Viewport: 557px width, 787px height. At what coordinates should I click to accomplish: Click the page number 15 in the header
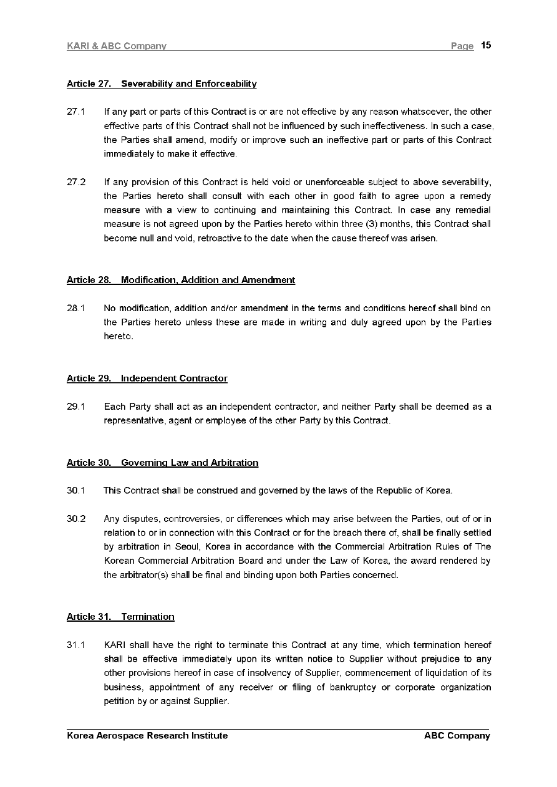(x=487, y=46)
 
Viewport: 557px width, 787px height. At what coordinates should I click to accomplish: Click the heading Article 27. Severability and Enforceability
(x=162, y=84)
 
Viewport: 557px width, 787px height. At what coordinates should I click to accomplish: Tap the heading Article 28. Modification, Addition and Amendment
(x=181, y=280)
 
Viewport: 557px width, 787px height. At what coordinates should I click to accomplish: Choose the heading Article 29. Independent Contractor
(x=147, y=379)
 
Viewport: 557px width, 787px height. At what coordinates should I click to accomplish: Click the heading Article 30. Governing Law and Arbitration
(x=162, y=463)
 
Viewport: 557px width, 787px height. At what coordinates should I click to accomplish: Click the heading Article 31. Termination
(x=120, y=617)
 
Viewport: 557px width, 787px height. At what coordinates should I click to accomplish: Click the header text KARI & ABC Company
(x=117, y=46)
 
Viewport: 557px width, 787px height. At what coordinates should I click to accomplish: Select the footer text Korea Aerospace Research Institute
(x=147, y=736)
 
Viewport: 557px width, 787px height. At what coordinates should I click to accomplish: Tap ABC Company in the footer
(x=457, y=736)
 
